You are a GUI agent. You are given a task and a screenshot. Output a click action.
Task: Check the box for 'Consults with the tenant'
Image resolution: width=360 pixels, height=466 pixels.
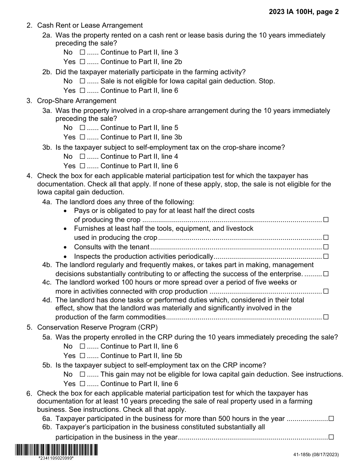click(x=326, y=247)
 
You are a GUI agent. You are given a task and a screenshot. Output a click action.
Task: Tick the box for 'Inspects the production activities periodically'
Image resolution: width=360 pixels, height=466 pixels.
click(x=326, y=256)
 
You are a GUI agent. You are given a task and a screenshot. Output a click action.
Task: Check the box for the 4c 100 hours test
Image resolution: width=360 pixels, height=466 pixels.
click(x=326, y=291)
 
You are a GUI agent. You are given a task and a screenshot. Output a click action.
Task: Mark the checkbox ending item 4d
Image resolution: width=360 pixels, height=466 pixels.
click(x=326, y=317)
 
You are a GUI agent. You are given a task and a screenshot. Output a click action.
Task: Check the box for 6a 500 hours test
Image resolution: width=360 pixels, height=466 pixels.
click(x=331, y=419)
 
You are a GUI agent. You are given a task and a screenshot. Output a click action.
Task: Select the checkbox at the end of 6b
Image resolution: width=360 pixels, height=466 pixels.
click(x=331, y=437)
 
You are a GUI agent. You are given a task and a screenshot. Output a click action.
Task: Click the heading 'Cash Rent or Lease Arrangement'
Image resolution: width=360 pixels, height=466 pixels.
click(x=90, y=25)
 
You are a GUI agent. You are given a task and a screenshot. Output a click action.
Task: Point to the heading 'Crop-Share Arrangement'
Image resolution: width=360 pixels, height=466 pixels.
click(x=77, y=101)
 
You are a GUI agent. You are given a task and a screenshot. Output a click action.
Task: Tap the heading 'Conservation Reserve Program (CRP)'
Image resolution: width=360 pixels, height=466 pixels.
click(x=97, y=327)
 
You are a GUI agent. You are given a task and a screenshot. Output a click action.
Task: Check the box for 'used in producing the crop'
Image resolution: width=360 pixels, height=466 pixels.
click(x=326, y=238)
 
